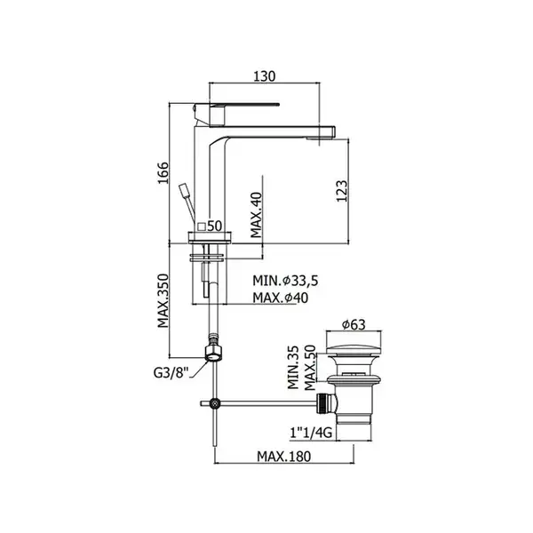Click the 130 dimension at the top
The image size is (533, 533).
(x=265, y=76)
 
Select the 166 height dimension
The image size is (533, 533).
(x=163, y=173)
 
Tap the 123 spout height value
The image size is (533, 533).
(x=342, y=191)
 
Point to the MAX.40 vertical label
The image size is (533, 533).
(x=257, y=215)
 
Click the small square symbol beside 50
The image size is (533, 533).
(x=202, y=227)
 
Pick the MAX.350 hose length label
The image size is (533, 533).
(x=163, y=300)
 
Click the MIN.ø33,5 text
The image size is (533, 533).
(x=285, y=281)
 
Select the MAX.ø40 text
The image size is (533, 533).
(x=281, y=298)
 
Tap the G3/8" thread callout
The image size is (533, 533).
(x=171, y=373)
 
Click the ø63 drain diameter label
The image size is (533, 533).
(x=354, y=325)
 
